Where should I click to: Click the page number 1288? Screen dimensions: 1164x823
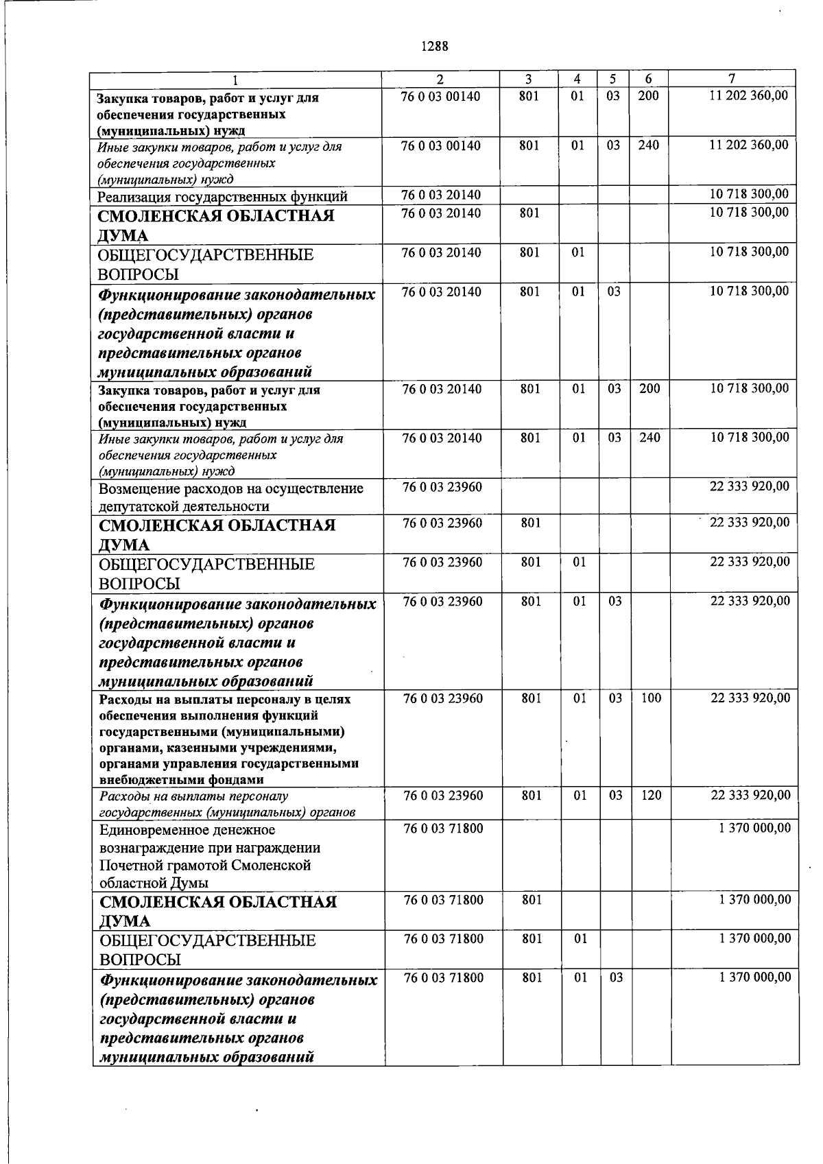[x=434, y=47]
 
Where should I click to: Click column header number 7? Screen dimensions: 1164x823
[x=732, y=79]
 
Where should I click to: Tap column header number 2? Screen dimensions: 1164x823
[x=440, y=79]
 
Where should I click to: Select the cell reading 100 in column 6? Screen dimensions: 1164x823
[x=651, y=698]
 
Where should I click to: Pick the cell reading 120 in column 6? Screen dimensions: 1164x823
[x=651, y=796]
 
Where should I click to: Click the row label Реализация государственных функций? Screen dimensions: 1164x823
[x=223, y=197]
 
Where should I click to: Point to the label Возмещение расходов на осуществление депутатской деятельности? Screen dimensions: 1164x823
[x=231, y=497]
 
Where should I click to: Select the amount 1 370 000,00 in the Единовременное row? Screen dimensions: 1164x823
[x=754, y=828]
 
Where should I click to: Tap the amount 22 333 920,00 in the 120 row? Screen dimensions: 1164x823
[x=750, y=795]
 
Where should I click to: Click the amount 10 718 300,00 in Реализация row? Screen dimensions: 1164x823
[x=749, y=194]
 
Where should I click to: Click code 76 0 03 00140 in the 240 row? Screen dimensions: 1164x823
[x=441, y=145]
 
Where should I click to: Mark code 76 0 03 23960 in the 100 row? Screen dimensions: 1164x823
[x=443, y=698]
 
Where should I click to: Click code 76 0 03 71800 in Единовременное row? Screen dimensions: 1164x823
[x=444, y=829]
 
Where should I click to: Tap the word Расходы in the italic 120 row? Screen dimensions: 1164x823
[x=124, y=796]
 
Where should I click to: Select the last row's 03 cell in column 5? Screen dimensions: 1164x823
[x=616, y=978]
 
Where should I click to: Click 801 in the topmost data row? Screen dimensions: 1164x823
[x=529, y=96]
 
